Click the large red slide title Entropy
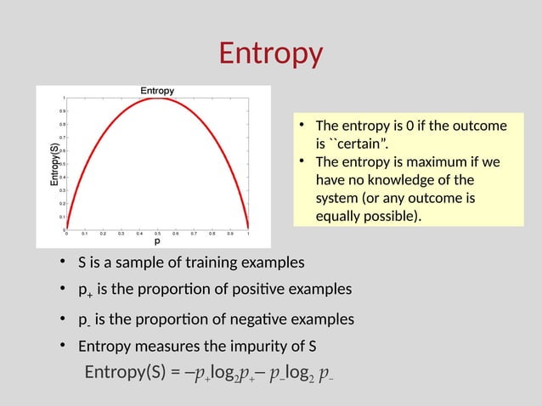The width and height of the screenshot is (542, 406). (x=271, y=54)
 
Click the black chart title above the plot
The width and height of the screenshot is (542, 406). (x=157, y=91)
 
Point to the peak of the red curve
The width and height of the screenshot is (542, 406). (x=157, y=98)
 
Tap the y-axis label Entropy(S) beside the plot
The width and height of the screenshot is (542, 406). (x=54, y=163)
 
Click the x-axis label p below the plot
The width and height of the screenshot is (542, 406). (x=157, y=241)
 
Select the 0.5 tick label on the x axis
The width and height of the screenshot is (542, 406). (x=157, y=233)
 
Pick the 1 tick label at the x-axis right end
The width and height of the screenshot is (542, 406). (x=247, y=233)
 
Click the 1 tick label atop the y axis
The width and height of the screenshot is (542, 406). (x=62, y=97)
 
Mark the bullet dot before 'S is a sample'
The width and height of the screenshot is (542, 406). (x=63, y=262)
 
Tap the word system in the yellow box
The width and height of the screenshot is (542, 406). (x=340, y=199)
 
